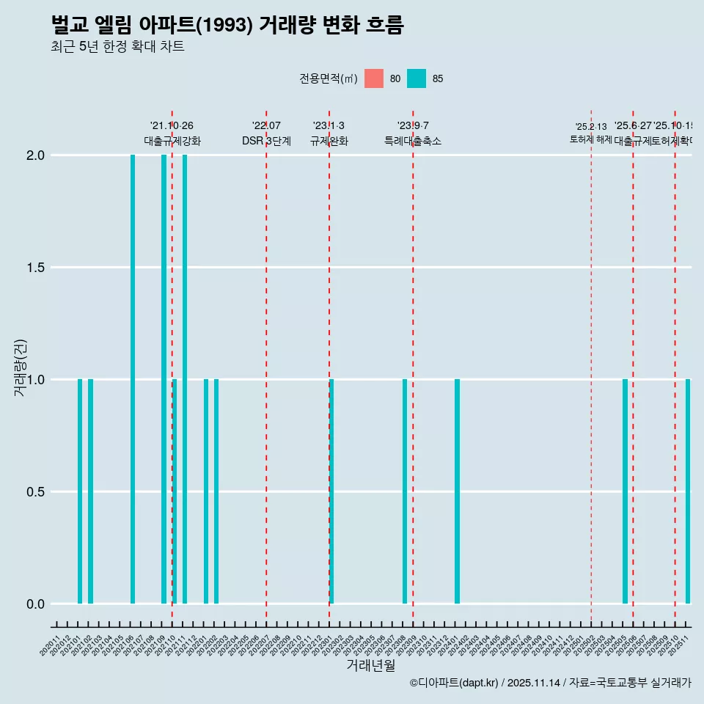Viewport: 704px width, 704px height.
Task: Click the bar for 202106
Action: pos(133,379)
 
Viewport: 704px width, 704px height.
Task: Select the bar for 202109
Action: pos(164,379)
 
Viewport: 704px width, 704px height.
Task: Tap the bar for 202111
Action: pos(185,379)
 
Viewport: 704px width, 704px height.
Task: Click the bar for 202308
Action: pos(405,491)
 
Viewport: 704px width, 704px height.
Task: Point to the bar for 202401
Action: pos(457,491)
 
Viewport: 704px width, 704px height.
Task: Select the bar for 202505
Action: pos(625,491)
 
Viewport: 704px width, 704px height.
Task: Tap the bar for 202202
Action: pos(216,491)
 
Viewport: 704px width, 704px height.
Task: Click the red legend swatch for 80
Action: pos(374,78)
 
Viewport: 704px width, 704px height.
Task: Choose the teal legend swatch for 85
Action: pos(417,78)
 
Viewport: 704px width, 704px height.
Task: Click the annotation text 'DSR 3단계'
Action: pos(266,141)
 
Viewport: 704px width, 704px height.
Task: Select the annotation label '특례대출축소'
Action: pos(413,141)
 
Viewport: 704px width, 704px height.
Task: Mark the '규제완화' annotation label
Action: pos(329,141)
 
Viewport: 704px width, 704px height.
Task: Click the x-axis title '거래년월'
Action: pos(371,665)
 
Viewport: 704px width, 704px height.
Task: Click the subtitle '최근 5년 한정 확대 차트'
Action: pos(117,47)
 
